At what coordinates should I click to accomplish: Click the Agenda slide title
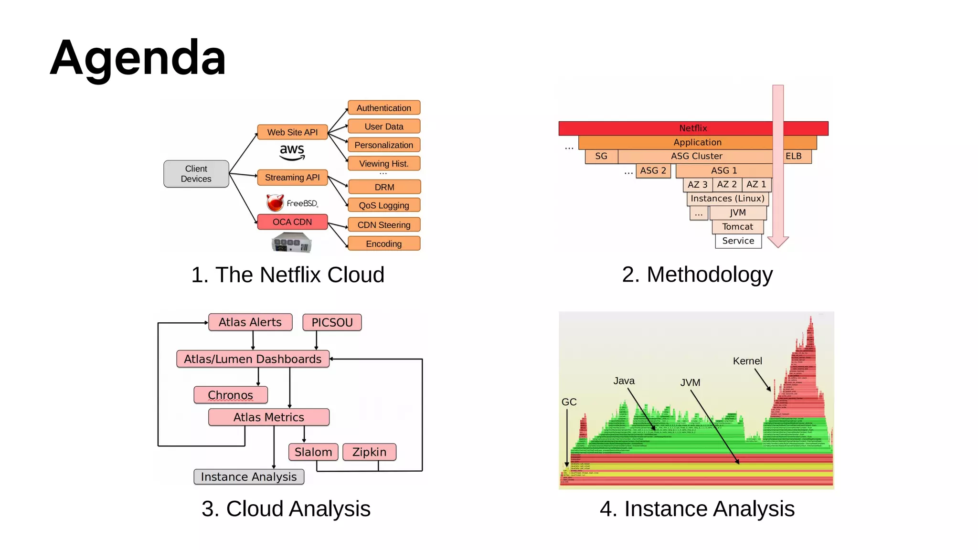[138, 58]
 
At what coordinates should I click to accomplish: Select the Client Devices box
[196, 174]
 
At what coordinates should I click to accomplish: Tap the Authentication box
[384, 108]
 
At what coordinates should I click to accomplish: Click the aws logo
[292, 152]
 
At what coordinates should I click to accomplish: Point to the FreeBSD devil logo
[275, 203]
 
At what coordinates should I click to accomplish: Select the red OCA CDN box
[292, 222]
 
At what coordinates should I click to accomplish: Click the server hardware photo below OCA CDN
[292, 243]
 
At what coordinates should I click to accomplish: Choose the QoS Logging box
[384, 205]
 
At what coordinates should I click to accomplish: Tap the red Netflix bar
[692, 128]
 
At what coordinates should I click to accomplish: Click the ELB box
[794, 156]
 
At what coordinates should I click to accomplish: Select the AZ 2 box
[727, 184]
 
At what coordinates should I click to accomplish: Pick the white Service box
[738, 241]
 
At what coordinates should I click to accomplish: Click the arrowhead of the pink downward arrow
[778, 242]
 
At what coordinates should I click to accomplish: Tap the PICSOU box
[332, 322]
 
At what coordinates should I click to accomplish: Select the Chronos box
[230, 395]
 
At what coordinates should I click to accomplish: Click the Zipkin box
[369, 452]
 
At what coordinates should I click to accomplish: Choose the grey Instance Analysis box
[248, 477]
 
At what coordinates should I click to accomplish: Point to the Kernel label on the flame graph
[747, 361]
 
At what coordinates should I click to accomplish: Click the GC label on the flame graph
[569, 402]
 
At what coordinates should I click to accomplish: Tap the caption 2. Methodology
[697, 275]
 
